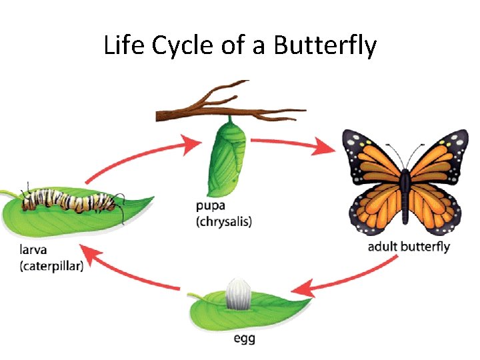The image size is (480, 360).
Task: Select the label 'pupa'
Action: pos(211,206)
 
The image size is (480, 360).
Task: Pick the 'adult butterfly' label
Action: pos(409,247)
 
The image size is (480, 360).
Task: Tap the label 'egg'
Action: pos(244,339)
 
